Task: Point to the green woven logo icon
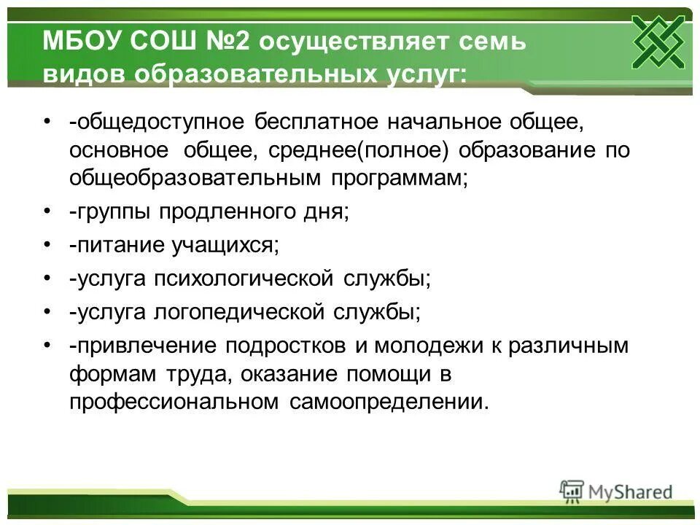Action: point(658,42)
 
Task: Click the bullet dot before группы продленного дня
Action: point(47,212)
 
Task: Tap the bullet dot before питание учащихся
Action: point(47,246)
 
